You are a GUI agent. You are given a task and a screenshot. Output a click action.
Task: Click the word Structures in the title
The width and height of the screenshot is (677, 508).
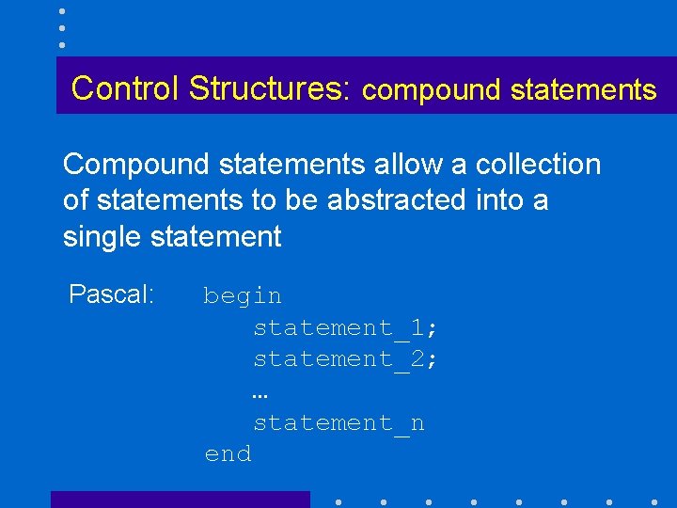coord(267,87)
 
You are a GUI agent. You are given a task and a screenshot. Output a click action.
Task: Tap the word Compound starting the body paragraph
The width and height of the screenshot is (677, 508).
coord(135,165)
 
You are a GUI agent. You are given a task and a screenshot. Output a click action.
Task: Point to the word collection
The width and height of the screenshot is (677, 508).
coord(538,165)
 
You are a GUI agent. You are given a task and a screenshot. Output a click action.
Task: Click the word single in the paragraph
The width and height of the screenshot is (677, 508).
coord(102,236)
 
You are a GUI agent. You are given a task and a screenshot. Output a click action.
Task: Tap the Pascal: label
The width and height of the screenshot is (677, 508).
coord(111,294)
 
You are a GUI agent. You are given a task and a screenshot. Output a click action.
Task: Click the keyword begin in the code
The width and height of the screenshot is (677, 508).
coord(243,296)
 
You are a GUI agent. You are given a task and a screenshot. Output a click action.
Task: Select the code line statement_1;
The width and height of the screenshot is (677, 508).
coord(345,327)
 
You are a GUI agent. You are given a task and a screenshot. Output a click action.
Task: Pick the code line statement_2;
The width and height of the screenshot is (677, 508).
coord(345,358)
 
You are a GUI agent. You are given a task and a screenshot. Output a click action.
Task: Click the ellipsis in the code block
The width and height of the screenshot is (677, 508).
coord(260,396)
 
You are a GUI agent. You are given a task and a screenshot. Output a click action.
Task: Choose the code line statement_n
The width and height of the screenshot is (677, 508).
coord(338,423)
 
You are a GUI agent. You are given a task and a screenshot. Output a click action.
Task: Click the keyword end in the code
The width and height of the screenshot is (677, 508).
coord(228,454)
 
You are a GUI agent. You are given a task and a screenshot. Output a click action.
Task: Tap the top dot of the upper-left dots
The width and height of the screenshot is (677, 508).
coord(61,10)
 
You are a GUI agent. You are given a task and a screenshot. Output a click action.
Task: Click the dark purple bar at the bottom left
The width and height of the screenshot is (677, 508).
coord(180,500)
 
